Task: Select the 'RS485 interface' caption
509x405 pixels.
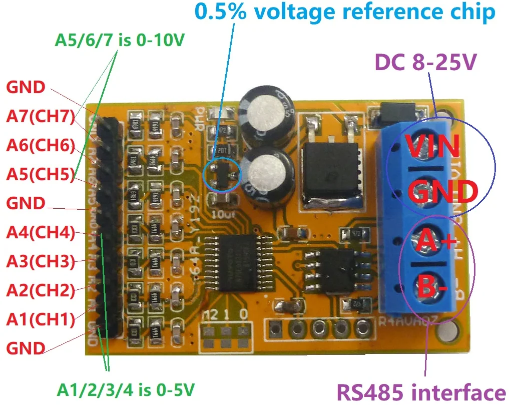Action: click(x=420, y=392)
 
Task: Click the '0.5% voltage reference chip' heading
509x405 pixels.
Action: click(x=345, y=12)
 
